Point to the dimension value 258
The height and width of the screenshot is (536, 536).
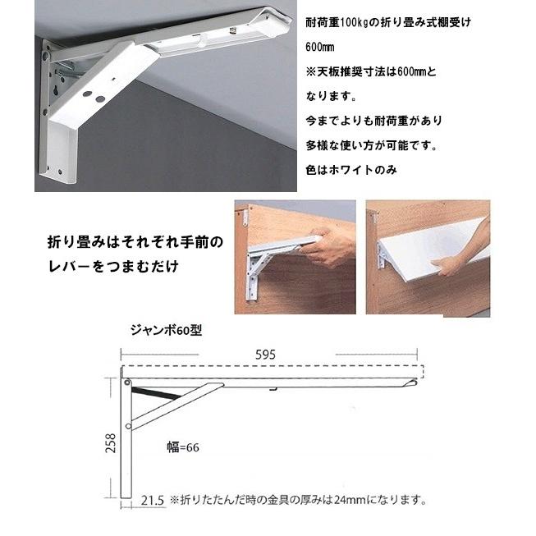click(x=110, y=443)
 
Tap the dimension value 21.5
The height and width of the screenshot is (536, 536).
click(x=151, y=499)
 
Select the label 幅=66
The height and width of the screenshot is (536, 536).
click(x=181, y=448)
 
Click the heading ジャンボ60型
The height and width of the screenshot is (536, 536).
click(x=165, y=332)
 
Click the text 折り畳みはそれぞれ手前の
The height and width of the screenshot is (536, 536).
click(x=134, y=245)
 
